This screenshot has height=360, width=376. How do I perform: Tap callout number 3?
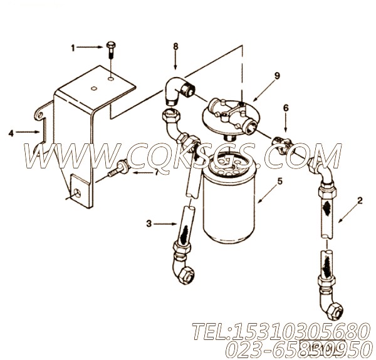tap(149, 222)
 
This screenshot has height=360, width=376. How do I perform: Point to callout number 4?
tap(12, 133)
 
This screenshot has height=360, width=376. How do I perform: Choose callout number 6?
tap(286, 108)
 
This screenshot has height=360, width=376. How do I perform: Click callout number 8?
tap(175, 46)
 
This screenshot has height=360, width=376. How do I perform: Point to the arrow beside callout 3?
tap(169, 222)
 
